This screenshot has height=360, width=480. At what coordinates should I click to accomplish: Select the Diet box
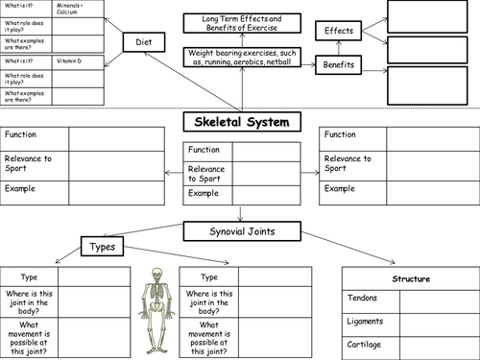(x=144, y=42)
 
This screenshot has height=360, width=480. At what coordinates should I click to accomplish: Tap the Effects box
(x=339, y=31)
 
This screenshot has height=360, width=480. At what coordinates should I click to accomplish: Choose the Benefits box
(x=339, y=65)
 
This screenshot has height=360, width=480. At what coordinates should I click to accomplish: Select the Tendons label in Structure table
(x=362, y=298)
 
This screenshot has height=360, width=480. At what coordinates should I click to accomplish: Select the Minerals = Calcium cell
(x=75, y=9)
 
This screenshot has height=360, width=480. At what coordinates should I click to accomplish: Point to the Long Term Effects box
(x=240, y=24)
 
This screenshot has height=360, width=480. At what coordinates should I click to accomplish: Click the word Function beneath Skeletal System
(x=204, y=150)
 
